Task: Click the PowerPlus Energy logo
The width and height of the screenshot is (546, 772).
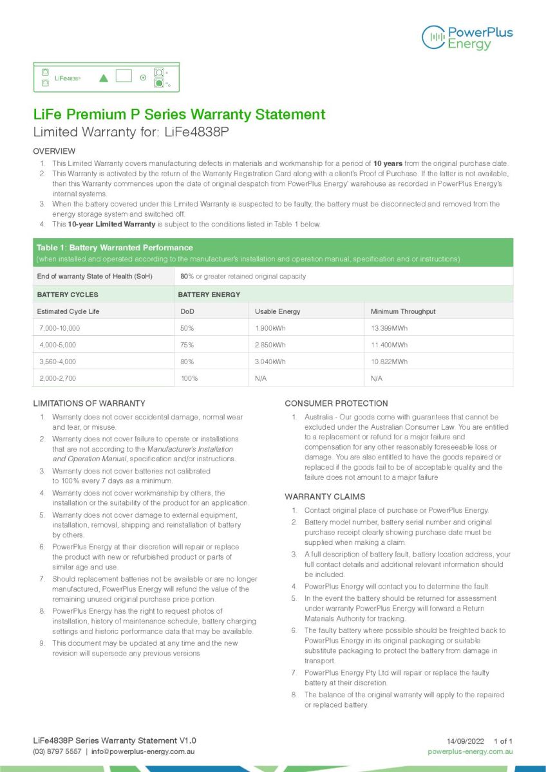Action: click(467, 37)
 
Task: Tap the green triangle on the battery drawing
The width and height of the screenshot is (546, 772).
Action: click(104, 78)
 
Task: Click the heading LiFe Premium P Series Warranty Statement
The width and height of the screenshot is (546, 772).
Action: click(179, 115)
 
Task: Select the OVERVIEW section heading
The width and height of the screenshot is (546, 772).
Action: click(54, 151)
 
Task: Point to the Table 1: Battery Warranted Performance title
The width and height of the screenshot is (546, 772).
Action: click(115, 248)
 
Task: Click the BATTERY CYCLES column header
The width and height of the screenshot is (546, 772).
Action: click(68, 295)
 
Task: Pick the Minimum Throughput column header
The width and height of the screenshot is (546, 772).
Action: click(403, 311)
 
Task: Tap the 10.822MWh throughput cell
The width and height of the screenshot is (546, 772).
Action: click(389, 362)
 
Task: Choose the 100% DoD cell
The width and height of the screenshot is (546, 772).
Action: click(189, 378)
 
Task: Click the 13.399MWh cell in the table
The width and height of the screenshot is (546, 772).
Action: click(389, 328)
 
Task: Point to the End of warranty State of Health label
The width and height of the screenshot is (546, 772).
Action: click(95, 276)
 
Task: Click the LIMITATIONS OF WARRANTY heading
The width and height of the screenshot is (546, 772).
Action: click(89, 403)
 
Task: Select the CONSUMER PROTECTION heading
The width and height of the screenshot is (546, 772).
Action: click(336, 403)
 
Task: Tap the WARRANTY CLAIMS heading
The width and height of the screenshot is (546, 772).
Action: click(325, 497)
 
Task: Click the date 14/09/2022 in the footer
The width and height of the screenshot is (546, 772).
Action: click(464, 741)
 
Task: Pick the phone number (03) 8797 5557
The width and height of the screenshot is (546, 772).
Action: click(57, 751)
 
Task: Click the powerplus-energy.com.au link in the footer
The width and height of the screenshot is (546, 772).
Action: click(470, 751)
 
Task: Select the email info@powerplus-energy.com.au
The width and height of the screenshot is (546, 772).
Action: click(143, 751)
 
